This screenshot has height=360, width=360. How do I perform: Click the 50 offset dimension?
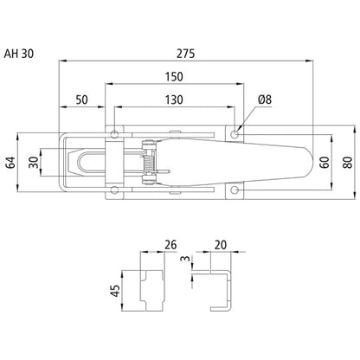82,100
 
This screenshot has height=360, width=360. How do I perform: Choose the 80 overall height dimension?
347,161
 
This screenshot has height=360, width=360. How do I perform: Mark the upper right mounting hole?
236,134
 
